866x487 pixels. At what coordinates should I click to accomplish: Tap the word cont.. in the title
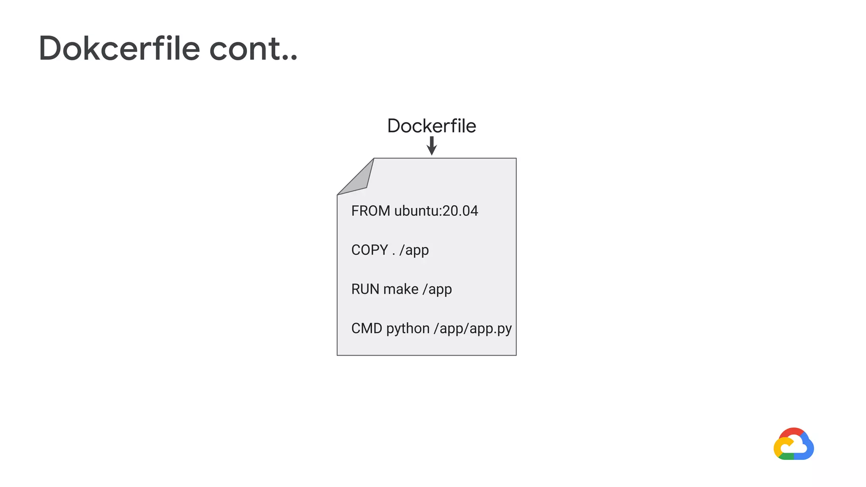click(253, 49)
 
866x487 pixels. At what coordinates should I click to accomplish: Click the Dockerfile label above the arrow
click(431, 126)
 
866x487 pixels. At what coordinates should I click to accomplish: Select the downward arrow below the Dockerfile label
click(431, 146)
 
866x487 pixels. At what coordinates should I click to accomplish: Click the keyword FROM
click(370, 211)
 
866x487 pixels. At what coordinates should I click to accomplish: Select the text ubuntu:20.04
click(436, 211)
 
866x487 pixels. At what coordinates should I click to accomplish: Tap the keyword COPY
click(369, 250)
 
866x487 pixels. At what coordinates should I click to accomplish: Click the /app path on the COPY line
click(414, 250)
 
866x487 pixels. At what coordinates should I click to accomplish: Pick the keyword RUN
click(365, 289)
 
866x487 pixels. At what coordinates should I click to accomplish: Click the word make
click(401, 289)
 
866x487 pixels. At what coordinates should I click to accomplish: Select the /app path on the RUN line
click(437, 290)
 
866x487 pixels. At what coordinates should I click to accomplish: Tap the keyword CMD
click(367, 328)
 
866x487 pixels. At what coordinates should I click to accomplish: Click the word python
click(408, 329)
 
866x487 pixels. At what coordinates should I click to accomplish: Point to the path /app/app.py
click(472, 329)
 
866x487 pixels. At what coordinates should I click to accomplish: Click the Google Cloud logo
click(793, 444)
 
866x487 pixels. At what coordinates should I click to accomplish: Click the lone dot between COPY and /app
click(394, 254)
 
